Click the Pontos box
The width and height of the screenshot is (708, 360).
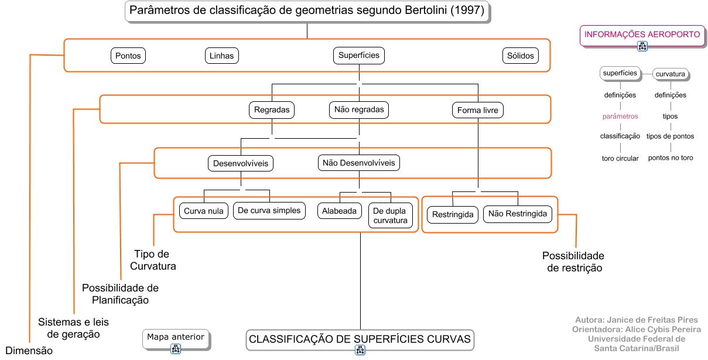(x=128, y=56)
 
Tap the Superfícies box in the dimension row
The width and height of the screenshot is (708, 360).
(x=359, y=56)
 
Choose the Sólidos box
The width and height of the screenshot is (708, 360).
(x=520, y=56)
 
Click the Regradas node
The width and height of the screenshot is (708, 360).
(x=272, y=109)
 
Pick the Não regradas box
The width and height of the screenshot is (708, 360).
(x=359, y=109)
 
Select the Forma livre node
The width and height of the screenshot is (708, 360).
(x=478, y=110)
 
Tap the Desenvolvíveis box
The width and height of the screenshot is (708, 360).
(x=241, y=163)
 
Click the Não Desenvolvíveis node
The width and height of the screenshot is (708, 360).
(x=359, y=163)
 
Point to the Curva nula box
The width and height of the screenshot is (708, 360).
(x=204, y=211)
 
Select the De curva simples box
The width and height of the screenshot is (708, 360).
(x=269, y=211)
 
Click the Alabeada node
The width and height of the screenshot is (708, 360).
(x=340, y=211)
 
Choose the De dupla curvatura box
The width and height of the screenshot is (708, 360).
(x=391, y=215)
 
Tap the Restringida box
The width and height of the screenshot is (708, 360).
(x=453, y=215)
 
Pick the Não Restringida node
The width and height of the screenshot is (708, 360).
(x=518, y=214)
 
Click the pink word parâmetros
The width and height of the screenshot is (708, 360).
(x=620, y=116)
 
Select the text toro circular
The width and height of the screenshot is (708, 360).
(x=620, y=158)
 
